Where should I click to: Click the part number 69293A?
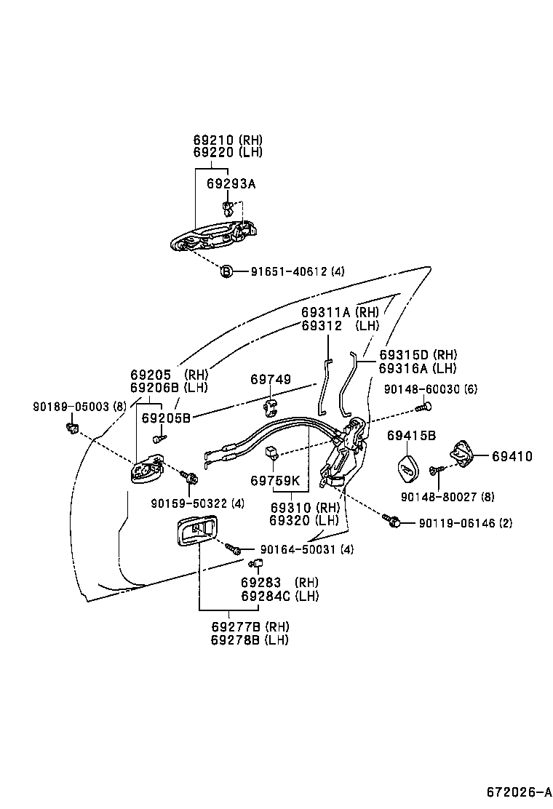tap(231, 184)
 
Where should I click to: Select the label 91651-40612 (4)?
tap(298, 271)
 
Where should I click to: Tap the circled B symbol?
tap(226, 271)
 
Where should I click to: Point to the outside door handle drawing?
tap(211, 238)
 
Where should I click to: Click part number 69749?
tap(271, 380)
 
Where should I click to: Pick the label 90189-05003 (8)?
tap(79, 407)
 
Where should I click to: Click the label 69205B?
tap(166, 418)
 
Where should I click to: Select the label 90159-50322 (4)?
tap(197, 503)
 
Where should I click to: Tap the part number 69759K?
tap(275, 481)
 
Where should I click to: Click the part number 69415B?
tap(411, 436)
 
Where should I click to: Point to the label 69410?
tap(512, 457)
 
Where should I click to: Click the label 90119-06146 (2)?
tap(465, 522)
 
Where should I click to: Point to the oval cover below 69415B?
tap(409, 469)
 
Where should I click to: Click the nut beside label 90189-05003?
tap(73, 427)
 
